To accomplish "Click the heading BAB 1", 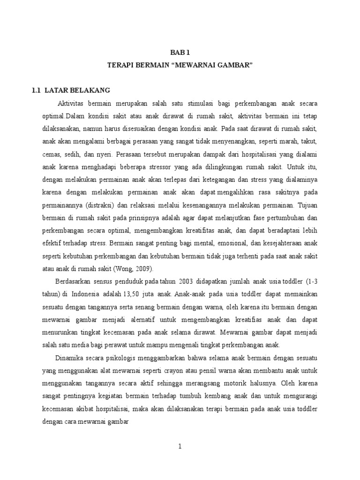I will pos(180,53).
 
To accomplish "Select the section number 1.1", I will pos(36,90).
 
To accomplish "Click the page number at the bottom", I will pos(180,447).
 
